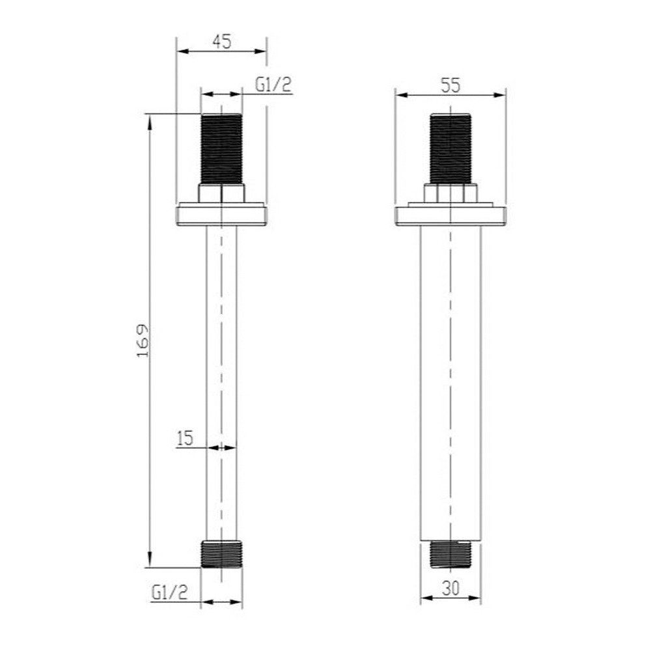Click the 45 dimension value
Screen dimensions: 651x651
pos(222,42)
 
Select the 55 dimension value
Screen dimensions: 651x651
pos(450,85)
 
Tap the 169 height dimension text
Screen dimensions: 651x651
pos(143,340)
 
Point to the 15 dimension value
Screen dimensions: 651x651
pos(185,438)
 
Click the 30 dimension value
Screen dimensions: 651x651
pos(450,588)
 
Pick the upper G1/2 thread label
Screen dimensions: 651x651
pos(273,85)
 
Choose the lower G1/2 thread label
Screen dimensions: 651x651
pos(169,592)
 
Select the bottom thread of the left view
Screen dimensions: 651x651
pos(221,554)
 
